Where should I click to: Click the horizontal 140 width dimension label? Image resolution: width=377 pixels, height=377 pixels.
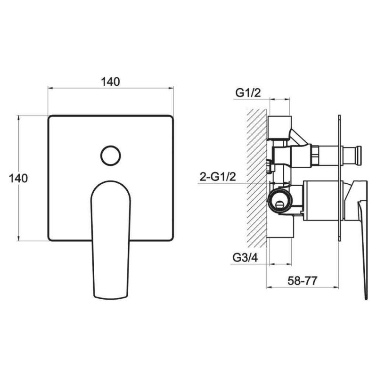coord(110,82)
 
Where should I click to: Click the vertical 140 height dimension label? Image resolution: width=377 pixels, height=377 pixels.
coord(18,179)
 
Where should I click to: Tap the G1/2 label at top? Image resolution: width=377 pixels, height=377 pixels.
coord(248,93)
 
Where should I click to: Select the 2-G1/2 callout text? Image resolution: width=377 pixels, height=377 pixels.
coord(218,177)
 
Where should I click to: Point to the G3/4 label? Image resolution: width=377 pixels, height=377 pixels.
coord(245,258)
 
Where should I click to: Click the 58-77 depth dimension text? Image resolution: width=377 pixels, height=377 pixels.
coord(303,280)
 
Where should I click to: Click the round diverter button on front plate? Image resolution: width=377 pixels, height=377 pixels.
coord(111,156)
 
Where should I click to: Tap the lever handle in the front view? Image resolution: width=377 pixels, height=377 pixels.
coord(111,240)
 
